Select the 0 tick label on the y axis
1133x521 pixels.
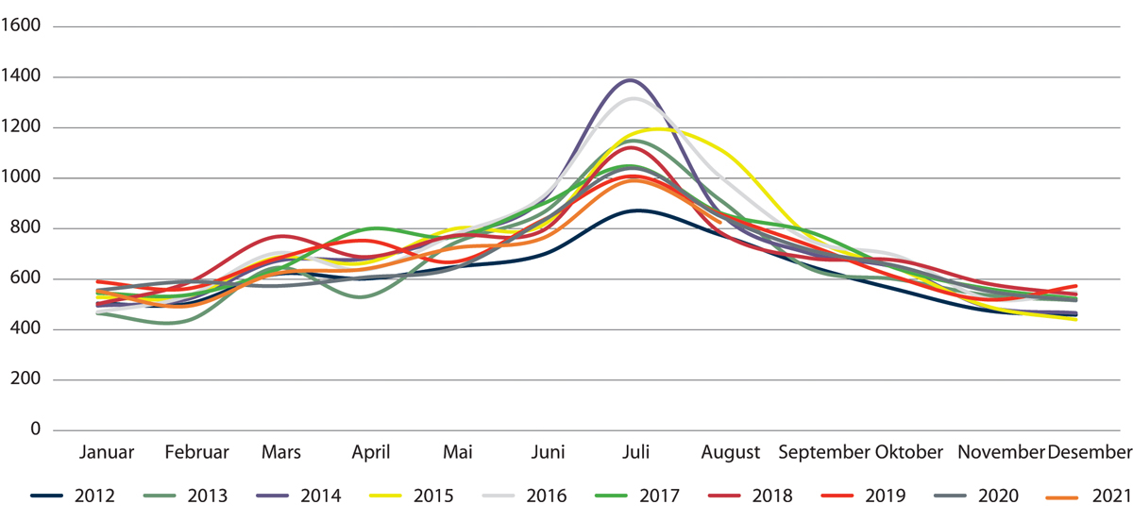(35, 429)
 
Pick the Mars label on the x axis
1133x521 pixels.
(281, 452)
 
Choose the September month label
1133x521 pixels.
(823, 452)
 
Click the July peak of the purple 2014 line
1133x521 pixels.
(629, 80)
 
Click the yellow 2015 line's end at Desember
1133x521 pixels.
(1076, 319)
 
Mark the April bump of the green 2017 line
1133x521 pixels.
(377, 228)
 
